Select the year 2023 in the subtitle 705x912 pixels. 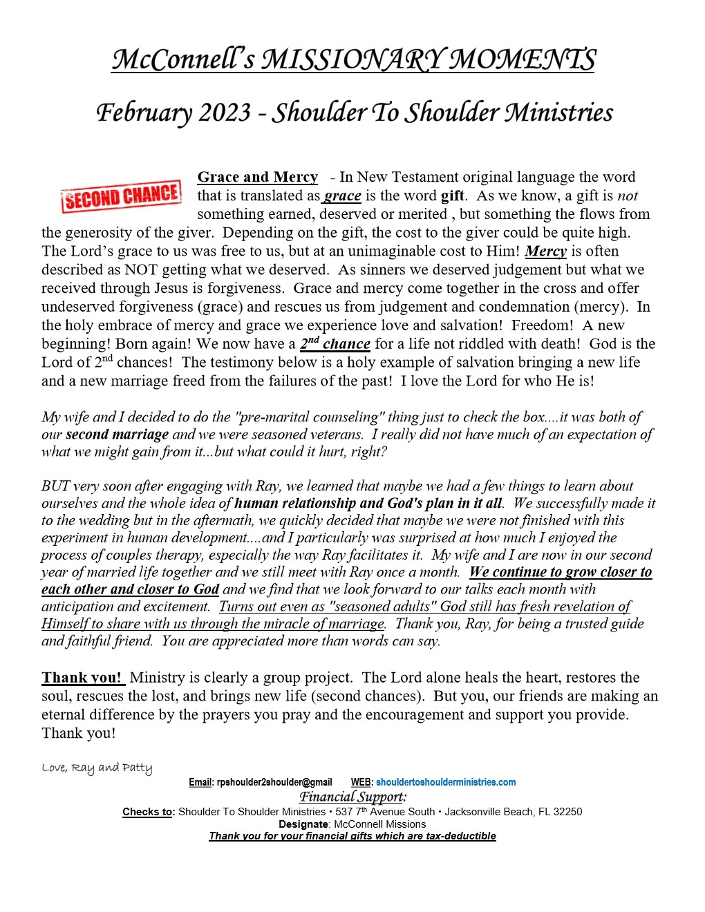point(225,113)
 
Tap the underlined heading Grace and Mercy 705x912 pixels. point(257,178)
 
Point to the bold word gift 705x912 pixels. point(453,196)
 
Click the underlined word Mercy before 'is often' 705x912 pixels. point(546,251)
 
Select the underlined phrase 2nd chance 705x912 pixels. point(335,343)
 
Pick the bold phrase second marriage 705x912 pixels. point(117,435)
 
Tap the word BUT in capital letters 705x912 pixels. point(56,486)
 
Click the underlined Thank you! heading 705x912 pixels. point(82,678)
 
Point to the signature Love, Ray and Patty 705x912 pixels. point(97,768)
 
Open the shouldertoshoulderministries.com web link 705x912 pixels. point(446,782)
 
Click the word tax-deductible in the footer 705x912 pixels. point(461,836)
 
